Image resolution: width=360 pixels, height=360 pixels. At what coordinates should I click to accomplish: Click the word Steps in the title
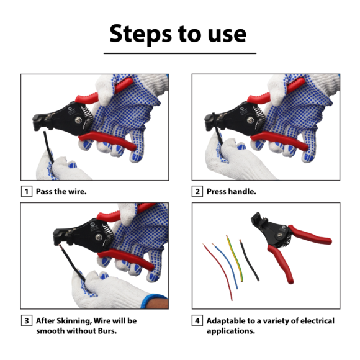click(141, 34)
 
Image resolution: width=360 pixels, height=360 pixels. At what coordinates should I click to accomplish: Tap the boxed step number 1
click(27, 191)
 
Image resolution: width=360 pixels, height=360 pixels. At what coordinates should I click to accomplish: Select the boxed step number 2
click(197, 191)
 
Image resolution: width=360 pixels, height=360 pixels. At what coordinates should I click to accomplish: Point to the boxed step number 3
click(27, 320)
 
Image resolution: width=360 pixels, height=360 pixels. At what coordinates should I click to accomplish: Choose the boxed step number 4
click(197, 320)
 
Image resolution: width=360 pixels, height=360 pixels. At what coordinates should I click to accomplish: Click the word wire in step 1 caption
click(78, 191)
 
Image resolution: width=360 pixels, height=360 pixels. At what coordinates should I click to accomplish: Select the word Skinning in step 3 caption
click(74, 321)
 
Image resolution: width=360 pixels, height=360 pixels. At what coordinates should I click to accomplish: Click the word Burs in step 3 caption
click(107, 331)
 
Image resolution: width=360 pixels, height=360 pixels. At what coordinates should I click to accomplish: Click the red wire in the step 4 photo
click(218, 271)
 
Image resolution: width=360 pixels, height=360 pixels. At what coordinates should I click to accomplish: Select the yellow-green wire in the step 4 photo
click(236, 258)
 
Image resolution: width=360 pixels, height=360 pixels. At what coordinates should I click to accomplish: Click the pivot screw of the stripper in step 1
click(79, 120)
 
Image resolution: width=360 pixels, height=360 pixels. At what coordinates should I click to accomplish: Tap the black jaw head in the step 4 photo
click(259, 220)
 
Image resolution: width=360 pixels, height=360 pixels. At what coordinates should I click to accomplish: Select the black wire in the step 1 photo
click(48, 147)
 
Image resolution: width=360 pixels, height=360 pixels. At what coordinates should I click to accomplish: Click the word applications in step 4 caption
click(231, 331)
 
